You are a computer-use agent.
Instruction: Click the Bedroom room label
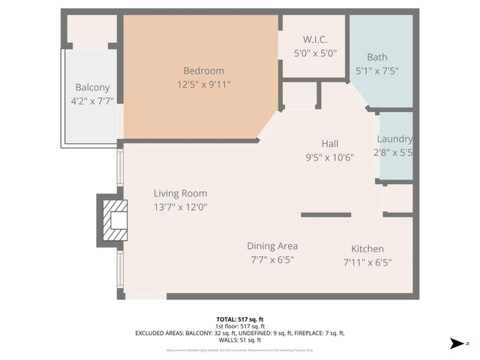[x=198, y=70]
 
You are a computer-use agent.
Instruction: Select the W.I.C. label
[x=314, y=40]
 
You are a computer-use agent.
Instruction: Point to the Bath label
[x=377, y=57]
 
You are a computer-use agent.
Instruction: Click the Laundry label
[x=394, y=139]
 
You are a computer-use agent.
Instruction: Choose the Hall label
[x=330, y=144]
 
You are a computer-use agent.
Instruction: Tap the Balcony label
[x=92, y=87]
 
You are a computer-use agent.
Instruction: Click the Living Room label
[x=180, y=193]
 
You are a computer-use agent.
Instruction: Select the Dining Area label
[x=272, y=246]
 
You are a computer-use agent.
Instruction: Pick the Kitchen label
[x=367, y=249]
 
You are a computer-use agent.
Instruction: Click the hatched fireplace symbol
[x=114, y=220]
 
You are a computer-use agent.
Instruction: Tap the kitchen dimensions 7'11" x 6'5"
[x=367, y=262]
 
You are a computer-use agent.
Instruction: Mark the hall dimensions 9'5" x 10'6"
[x=330, y=157]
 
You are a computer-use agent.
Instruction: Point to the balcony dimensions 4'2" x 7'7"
[x=92, y=100]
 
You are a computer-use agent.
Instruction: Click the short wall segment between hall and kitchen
[x=325, y=214]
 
